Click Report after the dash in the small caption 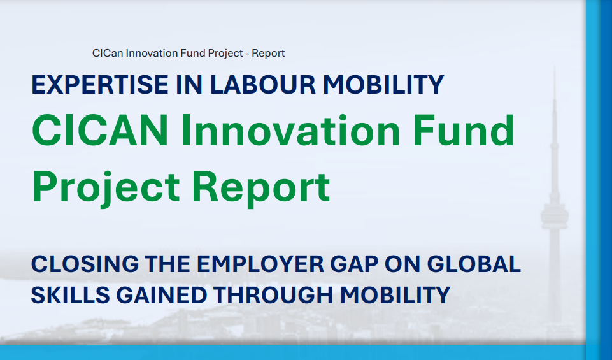pos(268,53)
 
